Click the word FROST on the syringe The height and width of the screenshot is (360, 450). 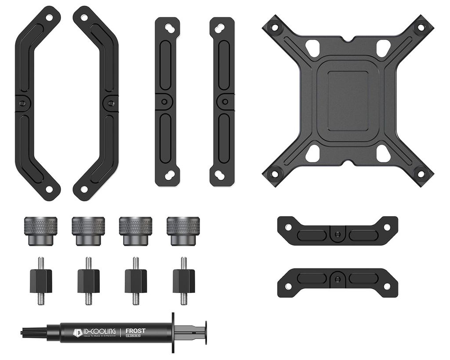pyautogui.click(x=135, y=331)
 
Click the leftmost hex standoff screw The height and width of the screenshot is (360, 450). pyautogui.click(x=41, y=281)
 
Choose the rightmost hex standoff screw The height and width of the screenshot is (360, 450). pyautogui.click(x=184, y=281)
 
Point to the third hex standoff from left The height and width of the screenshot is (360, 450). pyautogui.click(x=136, y=281)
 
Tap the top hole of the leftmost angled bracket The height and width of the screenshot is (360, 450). pyautogui.click(x=49, y=18)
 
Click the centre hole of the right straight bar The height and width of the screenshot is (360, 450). pyautogui.click(x=225, y=102)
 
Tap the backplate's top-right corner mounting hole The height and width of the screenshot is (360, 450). pyautogui.click(x=421, y=28)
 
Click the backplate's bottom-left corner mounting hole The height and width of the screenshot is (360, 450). pyautogui.click(x=275, y=174)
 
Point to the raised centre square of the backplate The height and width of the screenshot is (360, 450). pyautogui.click(x=348, y=101)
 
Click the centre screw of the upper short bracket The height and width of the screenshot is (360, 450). pyautogui.click(x=337, y=233)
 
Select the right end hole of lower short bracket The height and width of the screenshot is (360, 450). pyautogui.click(x=387, y=286)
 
